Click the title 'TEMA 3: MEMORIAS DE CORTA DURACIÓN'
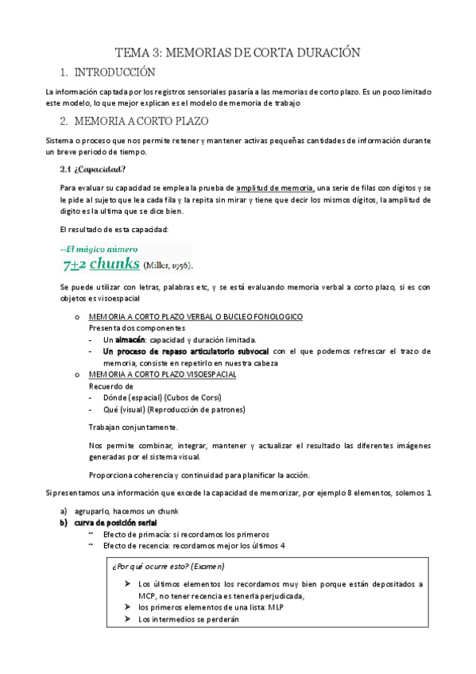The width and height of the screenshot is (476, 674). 238,52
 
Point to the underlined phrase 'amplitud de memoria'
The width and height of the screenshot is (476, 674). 275,188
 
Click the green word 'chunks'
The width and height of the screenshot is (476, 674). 116,263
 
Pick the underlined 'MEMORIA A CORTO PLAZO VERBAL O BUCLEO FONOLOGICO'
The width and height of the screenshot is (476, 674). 195,316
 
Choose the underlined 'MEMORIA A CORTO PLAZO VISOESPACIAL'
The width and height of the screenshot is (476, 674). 162,374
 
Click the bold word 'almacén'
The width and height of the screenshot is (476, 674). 131,339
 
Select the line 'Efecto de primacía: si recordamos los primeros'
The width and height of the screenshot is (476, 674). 186,534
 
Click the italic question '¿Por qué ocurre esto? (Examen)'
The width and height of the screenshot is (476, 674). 168,567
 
